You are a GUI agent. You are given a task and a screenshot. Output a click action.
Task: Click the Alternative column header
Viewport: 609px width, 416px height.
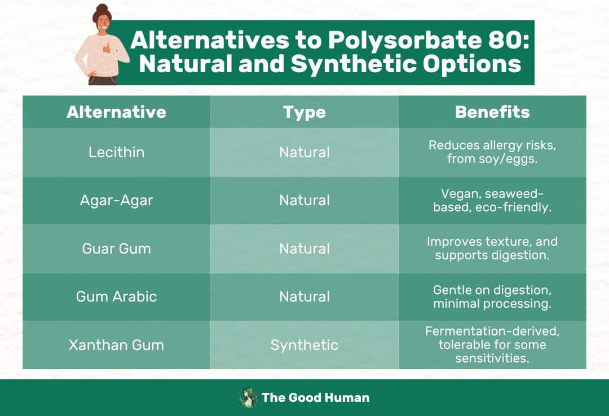pyautogui.click(x=116, y=112)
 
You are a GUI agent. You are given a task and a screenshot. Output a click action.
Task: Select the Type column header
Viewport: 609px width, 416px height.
pyautogui.click(x=304, y=112)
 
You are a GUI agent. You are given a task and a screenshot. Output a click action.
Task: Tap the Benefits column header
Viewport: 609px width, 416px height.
pyautogui.click(x=492, y=112)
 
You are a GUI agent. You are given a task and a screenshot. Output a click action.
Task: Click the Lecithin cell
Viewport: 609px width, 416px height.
pyautogui.click(x=116, y=152)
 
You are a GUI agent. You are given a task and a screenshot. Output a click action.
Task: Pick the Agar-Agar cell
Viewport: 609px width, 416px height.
pyautogui.click(x=116, y=200)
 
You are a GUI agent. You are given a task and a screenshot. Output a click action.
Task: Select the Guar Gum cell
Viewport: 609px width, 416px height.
pyautogui.click(x=116, y=249)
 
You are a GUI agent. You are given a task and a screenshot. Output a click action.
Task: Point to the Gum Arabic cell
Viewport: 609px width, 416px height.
pyautogui.click(x=116, y=296)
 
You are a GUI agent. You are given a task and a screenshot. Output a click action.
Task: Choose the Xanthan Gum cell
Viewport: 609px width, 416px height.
pyautogui.click(x=116, y=345)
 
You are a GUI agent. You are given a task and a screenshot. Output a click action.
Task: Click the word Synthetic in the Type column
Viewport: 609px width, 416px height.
pyautogui.click(x=304, y=345)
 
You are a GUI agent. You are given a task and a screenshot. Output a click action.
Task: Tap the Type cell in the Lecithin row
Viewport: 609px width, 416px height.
pyautogui.click(x=304, y=152)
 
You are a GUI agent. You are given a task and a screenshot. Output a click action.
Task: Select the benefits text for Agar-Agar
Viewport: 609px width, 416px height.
pyautogui.click(x=492, y=200)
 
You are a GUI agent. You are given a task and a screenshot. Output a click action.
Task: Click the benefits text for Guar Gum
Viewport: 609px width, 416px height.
pyautogui.click(x=492, y=249)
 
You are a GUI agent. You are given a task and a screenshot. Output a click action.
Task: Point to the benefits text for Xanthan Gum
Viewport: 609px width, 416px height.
pyautogui.click(x=492, y=344)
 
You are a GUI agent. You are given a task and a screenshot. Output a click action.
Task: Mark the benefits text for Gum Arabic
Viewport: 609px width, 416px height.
pyautogui.click(x=492, y=296)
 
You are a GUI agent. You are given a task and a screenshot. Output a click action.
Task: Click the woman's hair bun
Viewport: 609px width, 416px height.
pyautogui.click(x=101, y=10)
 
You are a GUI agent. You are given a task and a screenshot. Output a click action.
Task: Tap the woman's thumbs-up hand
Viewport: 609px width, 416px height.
pyautogui.click(x=107, y=48)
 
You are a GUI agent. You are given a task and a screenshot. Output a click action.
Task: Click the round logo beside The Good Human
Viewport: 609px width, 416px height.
pyautogui.click(x=248, y=397)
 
